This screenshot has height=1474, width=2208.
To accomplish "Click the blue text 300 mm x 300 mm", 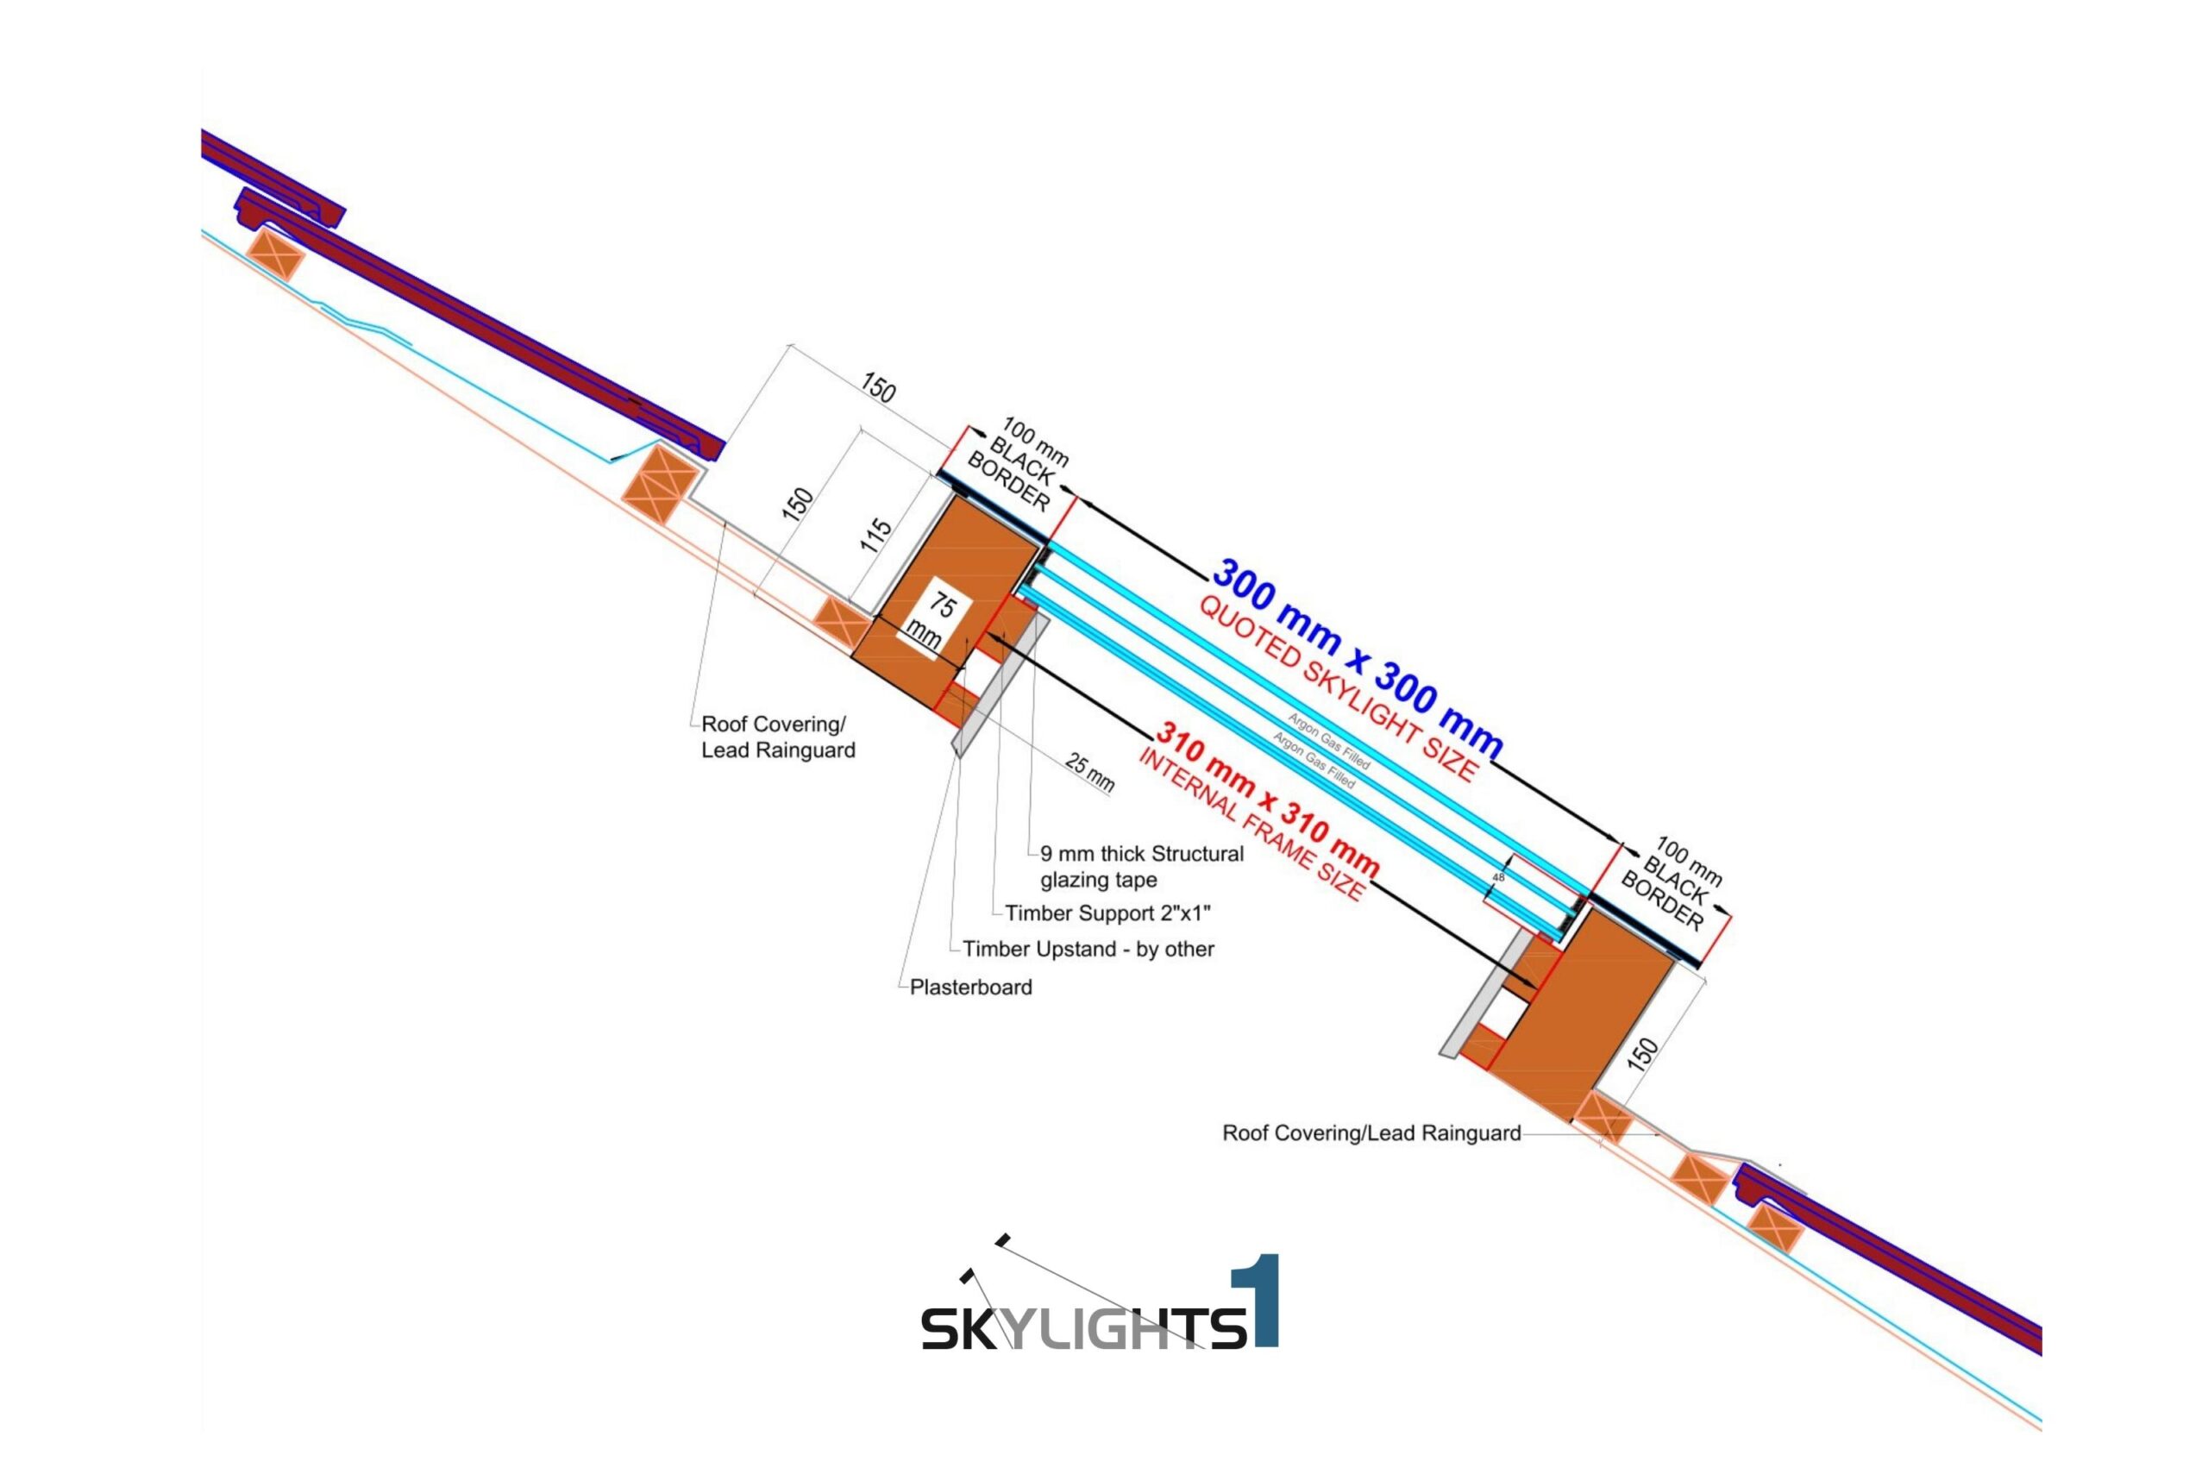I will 1357,659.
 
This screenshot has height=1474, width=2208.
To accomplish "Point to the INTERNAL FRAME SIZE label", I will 1250,827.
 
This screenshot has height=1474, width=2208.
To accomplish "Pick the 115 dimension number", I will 875,535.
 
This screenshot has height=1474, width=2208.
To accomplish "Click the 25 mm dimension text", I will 1090,772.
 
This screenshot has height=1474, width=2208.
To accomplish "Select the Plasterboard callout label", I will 970,987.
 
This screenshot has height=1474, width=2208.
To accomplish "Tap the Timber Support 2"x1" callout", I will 1107,913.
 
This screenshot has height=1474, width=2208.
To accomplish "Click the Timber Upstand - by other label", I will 1088,950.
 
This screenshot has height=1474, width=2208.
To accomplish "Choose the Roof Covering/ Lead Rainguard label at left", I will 777,737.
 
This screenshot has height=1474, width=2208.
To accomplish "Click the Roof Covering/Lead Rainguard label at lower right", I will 1371,1133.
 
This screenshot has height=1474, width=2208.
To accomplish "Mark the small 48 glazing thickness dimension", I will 1498,877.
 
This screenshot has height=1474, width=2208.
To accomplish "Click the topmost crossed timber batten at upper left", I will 276,253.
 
